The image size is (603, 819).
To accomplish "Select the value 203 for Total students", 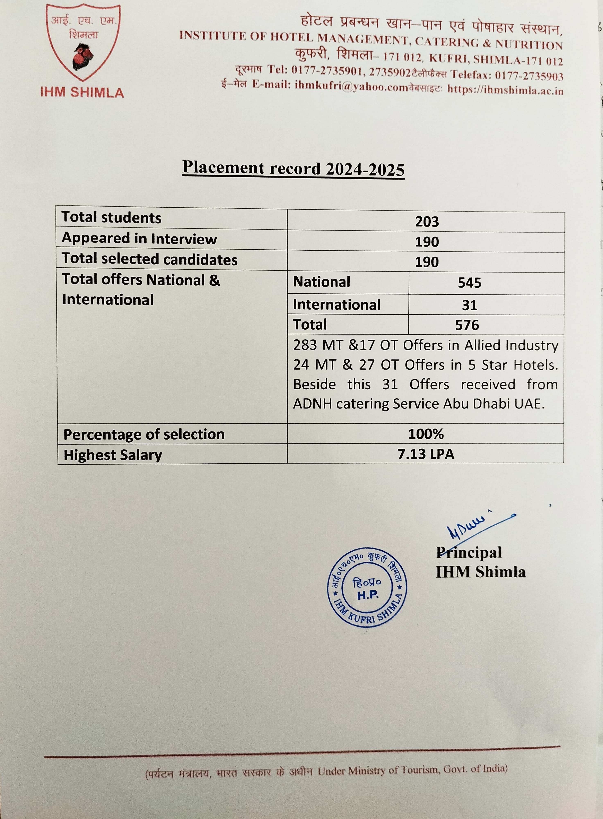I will point(427,222).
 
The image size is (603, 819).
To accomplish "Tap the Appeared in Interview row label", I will point(139,239).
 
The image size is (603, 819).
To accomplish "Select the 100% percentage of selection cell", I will point(426,434).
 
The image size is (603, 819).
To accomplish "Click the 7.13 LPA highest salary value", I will point(426,454).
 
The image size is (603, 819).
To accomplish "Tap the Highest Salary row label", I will point(113,455).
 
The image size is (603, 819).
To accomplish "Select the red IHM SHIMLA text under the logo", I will point(82,92).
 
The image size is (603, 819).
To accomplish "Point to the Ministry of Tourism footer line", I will point(326,771).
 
